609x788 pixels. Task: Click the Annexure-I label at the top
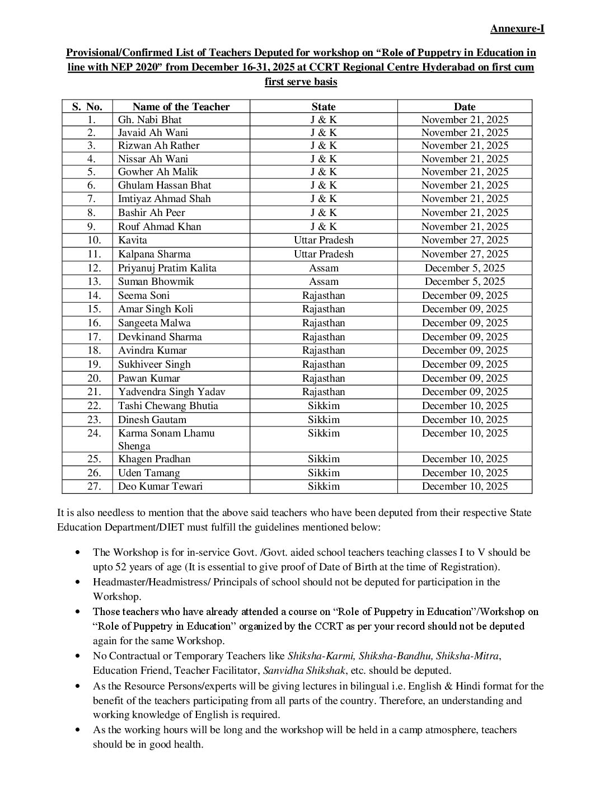point(517,29)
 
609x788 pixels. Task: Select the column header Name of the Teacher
point(181,107)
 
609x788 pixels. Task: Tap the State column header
point(324,107)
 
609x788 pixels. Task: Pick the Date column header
point(465,107)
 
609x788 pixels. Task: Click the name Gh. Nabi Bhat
point(149,120)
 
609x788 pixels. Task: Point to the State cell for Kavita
point(324,240)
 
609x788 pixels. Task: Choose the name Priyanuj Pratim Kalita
point(167,268)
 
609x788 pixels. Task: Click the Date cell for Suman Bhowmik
point(465,282)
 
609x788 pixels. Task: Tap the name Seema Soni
point(143,295)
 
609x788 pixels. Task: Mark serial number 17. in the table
point(94,337)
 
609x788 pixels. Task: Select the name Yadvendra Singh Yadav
point(171,392)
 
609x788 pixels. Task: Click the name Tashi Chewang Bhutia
point(168,406)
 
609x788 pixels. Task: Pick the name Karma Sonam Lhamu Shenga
point(166,439)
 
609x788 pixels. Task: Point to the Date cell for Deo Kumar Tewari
point(465,486)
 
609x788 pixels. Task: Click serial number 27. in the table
point(94,486)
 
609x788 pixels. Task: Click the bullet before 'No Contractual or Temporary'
point(79,656)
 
